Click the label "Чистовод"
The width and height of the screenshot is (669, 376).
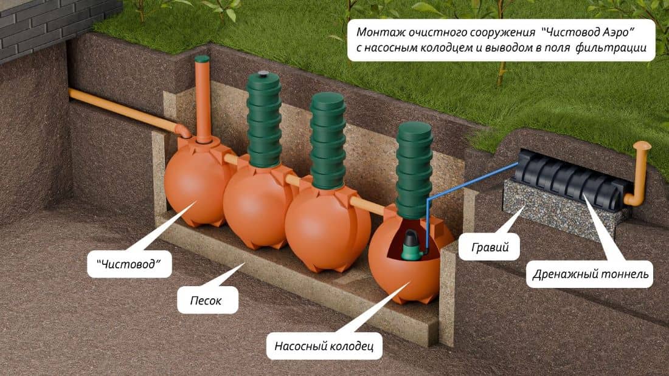pyautogui.click(x=129, y=264)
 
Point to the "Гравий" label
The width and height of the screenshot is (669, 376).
pyautogui.click(x=489, y=247)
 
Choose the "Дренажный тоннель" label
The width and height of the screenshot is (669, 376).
pyautogui.click(x=589, y=275)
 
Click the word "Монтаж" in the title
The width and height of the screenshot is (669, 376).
pyautogui.click(x=376, y=31)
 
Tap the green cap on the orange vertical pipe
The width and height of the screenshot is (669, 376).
pyautogui.click(x=202, y=60)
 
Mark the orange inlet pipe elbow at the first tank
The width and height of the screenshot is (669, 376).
pyautogui.click(x=181, y=131)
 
